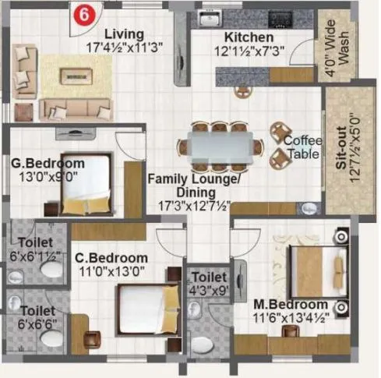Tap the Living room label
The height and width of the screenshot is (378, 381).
pyautogui.click(x=124, y=34)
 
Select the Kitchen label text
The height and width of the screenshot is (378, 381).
pyautogui.click(x=249, y=37)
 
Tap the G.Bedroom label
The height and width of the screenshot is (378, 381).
pyautogui.click(x=48, y=164)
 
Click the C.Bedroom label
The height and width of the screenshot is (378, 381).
pyautogui.click(x=111, y=258)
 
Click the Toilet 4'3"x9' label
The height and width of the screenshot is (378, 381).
pyautogui.click(x=209, y=284)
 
